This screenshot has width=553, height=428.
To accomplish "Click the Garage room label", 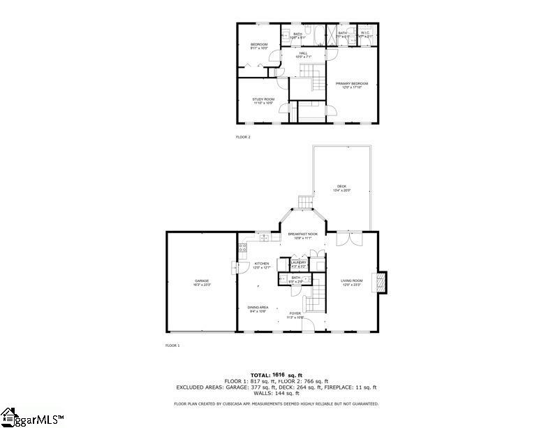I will [202, 280].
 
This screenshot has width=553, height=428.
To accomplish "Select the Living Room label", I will [351, 281].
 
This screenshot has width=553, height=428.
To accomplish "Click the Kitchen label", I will [262, 264].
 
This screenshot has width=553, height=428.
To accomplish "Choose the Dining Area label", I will [258, 308].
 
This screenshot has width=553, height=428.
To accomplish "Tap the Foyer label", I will [295, 314].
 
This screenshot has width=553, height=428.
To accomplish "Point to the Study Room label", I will [263, 99].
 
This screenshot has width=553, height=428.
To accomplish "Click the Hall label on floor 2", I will [303, 53].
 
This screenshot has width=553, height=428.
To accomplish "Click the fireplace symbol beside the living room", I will [381, 281].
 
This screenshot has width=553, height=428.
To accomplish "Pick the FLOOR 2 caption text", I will [243, 137].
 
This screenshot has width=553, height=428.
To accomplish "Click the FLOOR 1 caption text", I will [172, 345].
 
